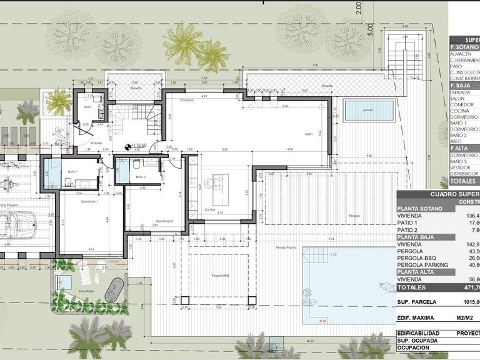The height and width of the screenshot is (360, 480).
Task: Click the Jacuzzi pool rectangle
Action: click(369, 111)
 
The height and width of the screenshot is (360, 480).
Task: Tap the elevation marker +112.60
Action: click(139, 146)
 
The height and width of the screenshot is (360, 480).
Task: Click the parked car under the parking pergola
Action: click(16, 223)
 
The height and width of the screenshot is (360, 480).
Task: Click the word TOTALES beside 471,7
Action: click(414, 287)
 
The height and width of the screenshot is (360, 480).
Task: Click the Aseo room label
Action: click(87, 107)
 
